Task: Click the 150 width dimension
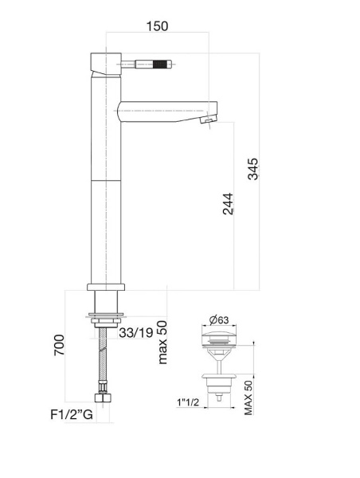158,26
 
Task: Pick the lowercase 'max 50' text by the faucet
162,341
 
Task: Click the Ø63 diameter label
220,321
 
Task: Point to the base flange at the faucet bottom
106,288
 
